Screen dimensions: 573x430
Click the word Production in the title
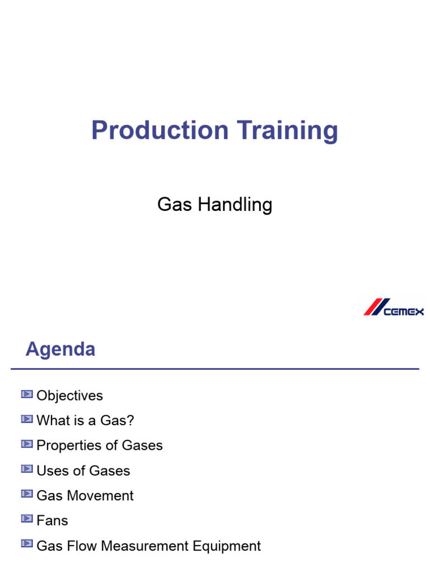pos(160,130)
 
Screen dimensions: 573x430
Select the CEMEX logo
pos(394,307)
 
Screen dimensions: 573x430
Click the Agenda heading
pos(60,350)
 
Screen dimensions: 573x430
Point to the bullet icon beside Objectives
pos(27,394)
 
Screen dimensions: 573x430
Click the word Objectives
pos(69,396)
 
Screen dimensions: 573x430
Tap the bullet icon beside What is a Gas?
pos(27,419)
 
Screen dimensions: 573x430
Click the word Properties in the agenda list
pos(67,445)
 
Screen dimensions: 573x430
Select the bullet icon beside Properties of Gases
pos(27,444)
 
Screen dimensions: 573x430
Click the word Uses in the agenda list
pos(50,471)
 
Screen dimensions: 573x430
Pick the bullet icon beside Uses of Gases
pos(27,469)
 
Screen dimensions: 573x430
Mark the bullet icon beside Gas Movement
pos(27,494)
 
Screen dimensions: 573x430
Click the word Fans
pos(52,520)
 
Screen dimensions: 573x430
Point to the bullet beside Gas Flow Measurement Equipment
pos(27,544)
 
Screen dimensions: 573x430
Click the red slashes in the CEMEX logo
pos(373,307)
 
